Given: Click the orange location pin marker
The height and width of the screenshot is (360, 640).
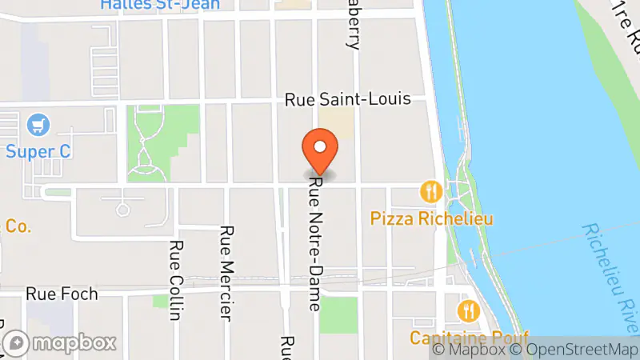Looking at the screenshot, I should click(320, 152).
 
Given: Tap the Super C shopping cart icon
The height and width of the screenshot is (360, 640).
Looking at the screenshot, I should click(38, 125).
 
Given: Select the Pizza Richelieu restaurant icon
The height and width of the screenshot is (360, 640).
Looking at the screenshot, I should click(430, 191).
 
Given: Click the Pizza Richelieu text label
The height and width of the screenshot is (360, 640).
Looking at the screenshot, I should click(431, 218).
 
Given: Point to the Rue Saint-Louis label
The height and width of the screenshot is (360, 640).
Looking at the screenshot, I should click(349, 99).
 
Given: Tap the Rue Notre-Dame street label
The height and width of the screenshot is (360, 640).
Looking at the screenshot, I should click(315, 244).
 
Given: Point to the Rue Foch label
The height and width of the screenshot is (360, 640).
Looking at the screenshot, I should click(62, 294).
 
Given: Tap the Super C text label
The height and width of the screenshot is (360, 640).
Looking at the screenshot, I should click(35, 151).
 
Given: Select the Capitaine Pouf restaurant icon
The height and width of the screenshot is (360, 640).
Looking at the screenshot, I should click(467, 310).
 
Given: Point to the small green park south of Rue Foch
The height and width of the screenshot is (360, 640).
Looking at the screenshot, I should click(338, 314).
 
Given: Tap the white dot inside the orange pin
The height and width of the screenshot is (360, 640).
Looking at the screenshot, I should click(320, 146).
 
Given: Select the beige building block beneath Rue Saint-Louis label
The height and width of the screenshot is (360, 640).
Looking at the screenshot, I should click(337, 122).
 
